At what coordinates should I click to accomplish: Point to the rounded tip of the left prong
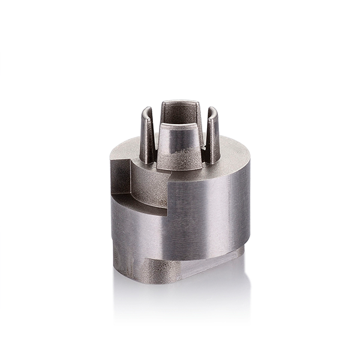point(146,110)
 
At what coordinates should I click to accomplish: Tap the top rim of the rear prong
point(180,102)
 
